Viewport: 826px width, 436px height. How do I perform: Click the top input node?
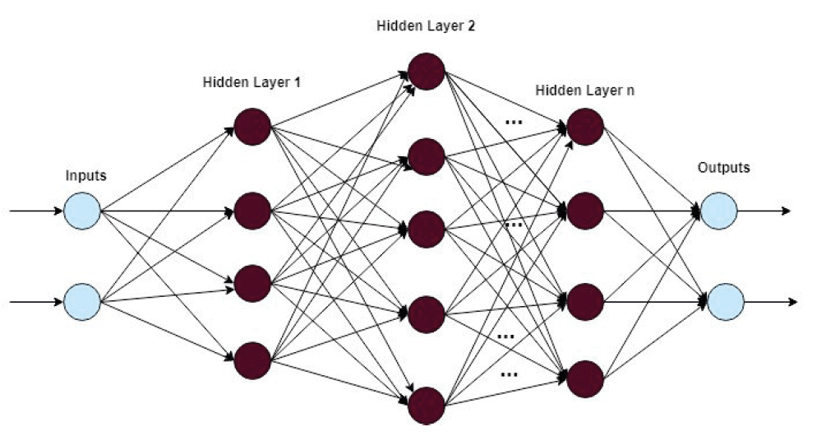tap(81, 211)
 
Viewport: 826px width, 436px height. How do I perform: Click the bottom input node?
tap(81, 301)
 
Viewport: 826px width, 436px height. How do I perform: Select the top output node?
tap(719, 211)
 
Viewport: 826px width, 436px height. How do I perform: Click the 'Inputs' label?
tap(86, 176)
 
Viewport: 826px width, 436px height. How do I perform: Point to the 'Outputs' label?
tap(723, 168)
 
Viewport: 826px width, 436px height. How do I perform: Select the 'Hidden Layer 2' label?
tap(426, 25)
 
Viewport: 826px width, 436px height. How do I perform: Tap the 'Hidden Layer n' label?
tap(584, 90)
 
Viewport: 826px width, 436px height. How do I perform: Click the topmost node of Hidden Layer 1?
tap(252, 125)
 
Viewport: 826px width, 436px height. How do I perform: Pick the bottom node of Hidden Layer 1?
tap(252, 359)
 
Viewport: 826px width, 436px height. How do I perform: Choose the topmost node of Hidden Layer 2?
tap(427, 71)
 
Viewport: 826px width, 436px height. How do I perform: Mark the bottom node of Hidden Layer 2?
tap(427, 405)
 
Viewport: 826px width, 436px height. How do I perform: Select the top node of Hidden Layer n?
tap(585, 125)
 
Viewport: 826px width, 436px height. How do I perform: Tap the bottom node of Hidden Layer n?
tap(585, 378)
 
